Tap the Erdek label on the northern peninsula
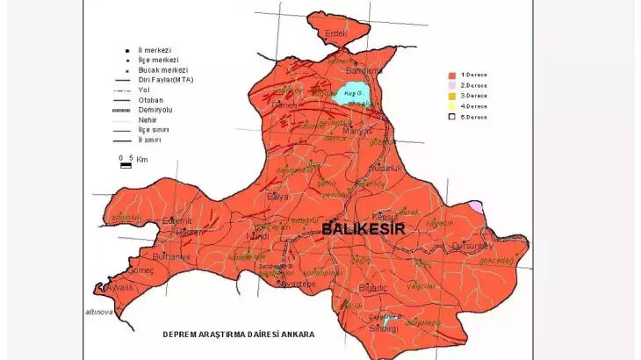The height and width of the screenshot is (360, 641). (x=336, y=33)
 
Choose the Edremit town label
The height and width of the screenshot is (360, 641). (x=177, y=221)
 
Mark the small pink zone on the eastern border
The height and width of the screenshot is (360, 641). (x=475, y=206)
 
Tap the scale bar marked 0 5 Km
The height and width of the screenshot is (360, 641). (x=126, y=162)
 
